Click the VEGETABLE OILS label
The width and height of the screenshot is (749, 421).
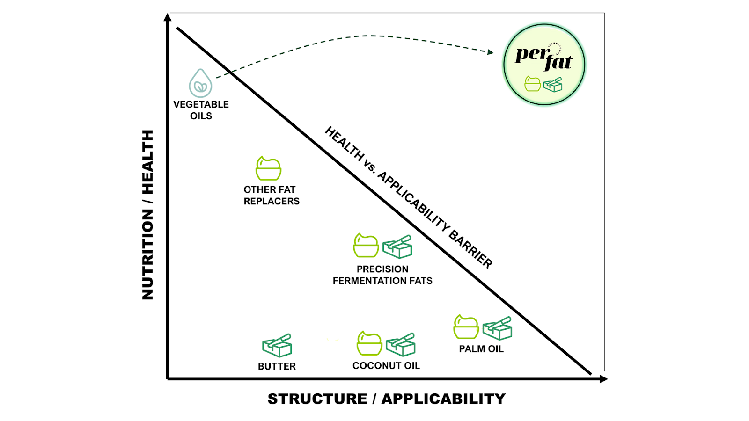201,110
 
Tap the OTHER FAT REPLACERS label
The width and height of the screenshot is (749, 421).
271,195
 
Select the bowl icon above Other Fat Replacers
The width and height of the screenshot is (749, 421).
268,168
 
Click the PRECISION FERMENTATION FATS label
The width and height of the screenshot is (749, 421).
382,275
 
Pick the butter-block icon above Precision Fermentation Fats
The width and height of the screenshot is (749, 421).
397,247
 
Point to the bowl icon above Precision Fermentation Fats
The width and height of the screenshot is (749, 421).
366,246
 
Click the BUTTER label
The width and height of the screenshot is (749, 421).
277,366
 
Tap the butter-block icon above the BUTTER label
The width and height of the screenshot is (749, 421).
277,346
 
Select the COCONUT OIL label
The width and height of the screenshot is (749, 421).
386,365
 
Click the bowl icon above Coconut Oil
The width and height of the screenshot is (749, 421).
369,343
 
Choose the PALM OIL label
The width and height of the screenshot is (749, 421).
481,349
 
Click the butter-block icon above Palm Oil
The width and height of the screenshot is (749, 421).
497,328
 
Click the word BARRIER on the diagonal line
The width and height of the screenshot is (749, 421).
470,249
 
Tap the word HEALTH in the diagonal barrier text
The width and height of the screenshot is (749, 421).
344,144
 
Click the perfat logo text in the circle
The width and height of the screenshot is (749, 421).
543,58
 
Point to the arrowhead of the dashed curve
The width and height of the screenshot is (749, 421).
491,52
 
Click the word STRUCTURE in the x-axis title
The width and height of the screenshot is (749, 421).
317,399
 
